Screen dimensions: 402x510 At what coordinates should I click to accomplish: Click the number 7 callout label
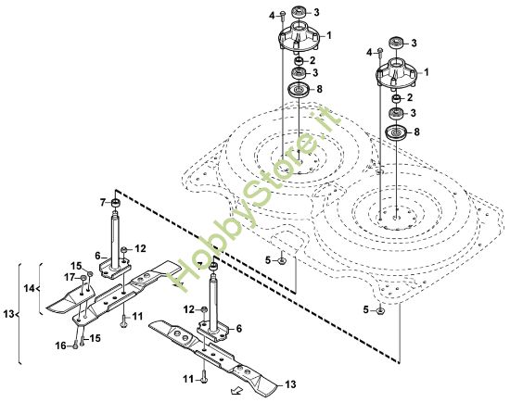103,202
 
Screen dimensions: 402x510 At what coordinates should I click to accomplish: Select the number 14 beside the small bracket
29,289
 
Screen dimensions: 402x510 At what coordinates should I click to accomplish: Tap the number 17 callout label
69,277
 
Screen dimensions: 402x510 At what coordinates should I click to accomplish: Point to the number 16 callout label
60,345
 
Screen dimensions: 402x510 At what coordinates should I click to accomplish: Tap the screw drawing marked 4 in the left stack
283,17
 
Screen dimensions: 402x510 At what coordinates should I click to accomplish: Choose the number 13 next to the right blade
289,384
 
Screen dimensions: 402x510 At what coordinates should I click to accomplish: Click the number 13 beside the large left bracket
8,315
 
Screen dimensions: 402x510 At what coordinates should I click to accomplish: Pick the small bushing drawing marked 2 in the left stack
300,60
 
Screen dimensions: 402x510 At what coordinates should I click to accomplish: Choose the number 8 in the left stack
320,89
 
